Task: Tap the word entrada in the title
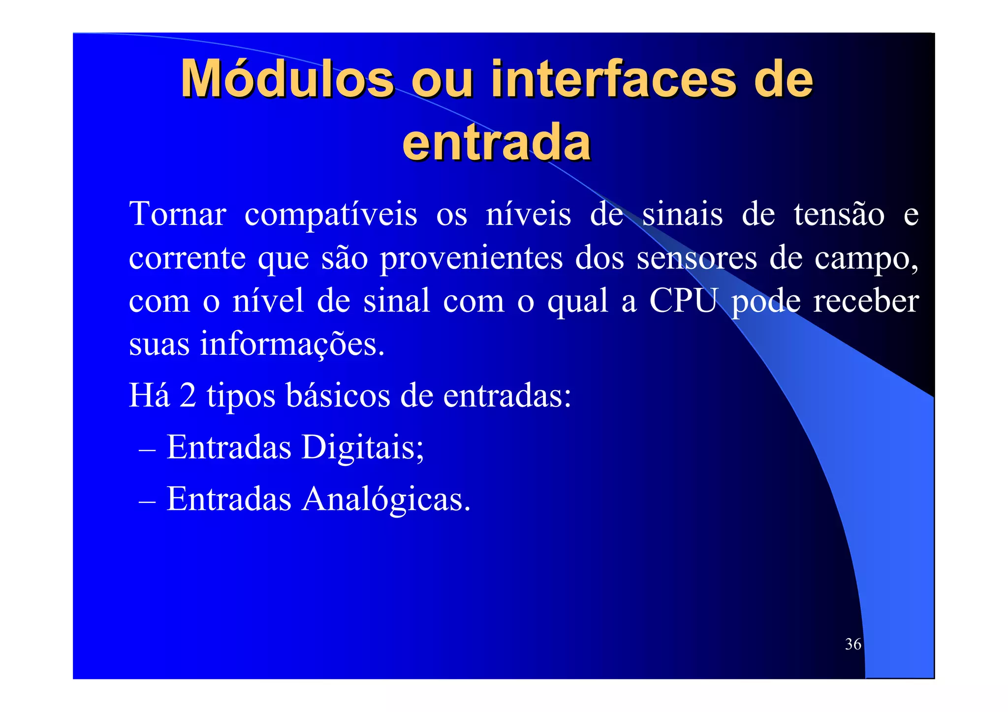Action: tap(497, 143)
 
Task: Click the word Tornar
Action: tap(178, 215)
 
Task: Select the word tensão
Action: tap(839, 215)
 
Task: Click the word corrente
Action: tap(187, 258)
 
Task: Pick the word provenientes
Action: tap(471, 258)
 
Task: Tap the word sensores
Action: tap(696, 258)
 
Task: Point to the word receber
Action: tap(866, 301)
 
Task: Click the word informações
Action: tap(291, 344)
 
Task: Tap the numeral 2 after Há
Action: tap(188, 395)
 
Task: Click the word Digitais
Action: tap(362, 447)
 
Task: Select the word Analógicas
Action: tap(386, 499)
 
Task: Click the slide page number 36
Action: tap(853, 644)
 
